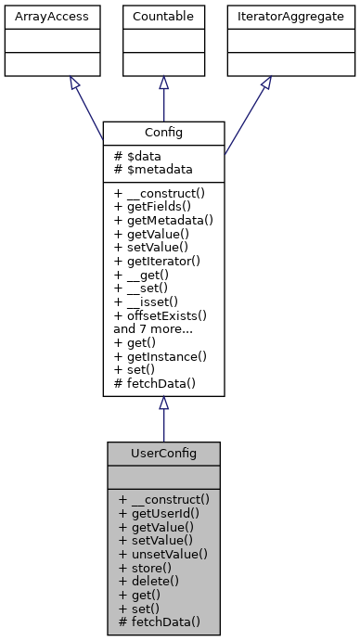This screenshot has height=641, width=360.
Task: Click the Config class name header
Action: [163, 133]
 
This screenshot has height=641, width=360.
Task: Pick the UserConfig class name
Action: [163, 454]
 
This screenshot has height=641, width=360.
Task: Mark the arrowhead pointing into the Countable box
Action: [163, 83]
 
